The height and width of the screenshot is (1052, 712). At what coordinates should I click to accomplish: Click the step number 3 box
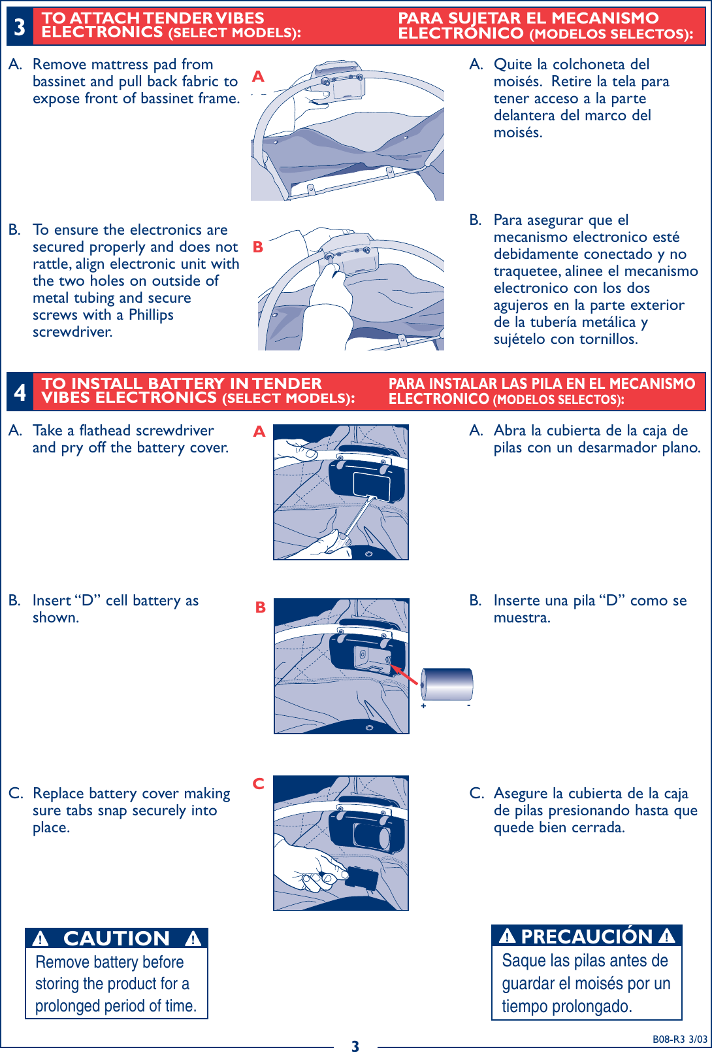20,27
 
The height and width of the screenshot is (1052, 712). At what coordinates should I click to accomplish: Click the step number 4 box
20,392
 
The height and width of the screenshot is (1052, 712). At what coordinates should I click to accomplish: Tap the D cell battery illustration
447,685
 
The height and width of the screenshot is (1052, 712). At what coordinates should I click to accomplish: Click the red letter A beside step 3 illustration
258,77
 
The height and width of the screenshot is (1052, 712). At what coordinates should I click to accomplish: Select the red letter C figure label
259,783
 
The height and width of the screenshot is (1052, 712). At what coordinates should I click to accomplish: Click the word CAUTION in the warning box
116,939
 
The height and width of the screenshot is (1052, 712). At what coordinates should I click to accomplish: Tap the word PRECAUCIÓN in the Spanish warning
587,936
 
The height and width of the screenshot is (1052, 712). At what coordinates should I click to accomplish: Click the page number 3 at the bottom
355,1046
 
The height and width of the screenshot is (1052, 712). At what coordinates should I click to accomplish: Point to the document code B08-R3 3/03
679,1040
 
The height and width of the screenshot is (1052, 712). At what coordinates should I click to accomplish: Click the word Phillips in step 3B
151,315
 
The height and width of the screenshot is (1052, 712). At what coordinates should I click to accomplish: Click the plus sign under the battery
424,706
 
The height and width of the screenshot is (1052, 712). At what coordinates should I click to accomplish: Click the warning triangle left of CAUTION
40,940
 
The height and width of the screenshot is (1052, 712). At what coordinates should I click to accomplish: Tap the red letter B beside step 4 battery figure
260,607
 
